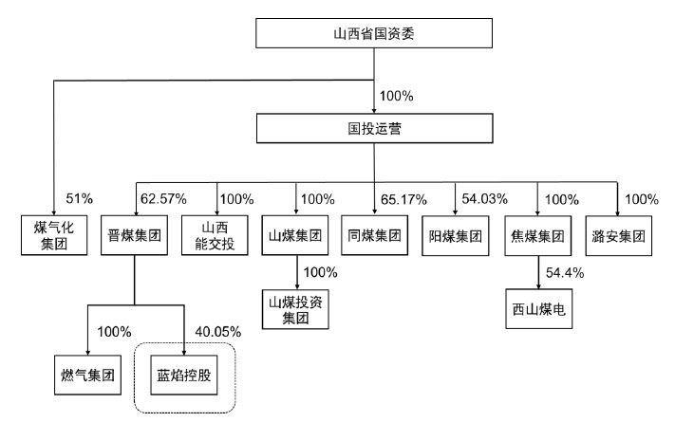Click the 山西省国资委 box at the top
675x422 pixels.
[374, 33]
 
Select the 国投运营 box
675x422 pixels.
[374, 128]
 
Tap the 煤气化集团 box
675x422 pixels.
[54, 235]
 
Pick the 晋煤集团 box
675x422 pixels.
[134, 235]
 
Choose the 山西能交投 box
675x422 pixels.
[215, 235]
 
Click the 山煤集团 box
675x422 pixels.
[295, 235]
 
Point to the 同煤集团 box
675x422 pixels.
[374, 235]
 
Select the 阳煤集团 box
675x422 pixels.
[456, 236]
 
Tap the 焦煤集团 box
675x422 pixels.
[538, 236]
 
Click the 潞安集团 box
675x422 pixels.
[619, 236]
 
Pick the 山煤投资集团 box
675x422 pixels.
[295, 309]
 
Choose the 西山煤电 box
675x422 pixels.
[539, 309]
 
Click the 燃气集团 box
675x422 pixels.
[88, 376]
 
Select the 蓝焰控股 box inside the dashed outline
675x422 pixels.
[184, 376]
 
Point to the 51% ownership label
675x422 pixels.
[79, 198]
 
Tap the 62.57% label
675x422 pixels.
[163, 199]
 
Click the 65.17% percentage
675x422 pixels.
[403, 199]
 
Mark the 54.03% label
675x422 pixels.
[485, 199]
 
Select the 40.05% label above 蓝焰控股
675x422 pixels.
[218, 332]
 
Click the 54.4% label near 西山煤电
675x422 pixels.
[565, 273]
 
